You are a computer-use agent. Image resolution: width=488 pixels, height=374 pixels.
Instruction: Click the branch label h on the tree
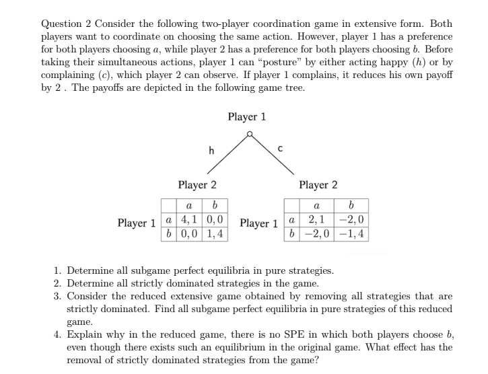pyautogui.click(x=211, y=151)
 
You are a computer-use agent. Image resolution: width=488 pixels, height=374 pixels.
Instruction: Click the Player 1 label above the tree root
pyautogui.click(x=247, y=117)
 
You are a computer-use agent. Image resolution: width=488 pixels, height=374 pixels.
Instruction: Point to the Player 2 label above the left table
pyautogui.click(x=197, y=185)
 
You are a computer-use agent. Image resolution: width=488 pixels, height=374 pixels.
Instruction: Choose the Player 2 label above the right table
pyautogui.click(x=318, y=185)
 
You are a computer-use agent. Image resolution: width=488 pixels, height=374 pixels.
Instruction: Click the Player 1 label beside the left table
pyautogui.click(x=137, y=223)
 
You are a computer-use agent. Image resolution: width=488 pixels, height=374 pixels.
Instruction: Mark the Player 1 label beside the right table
pyautogui.click(x=259, y=223)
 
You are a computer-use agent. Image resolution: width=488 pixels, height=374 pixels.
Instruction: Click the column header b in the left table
pyautogui.click(x=215, y=205)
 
